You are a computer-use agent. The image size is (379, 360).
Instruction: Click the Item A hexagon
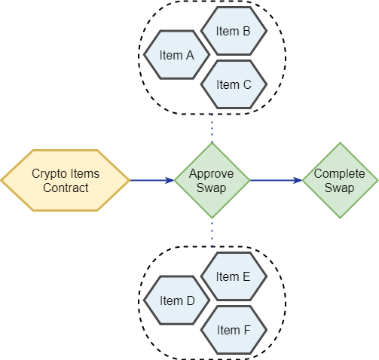(x=176, y=55)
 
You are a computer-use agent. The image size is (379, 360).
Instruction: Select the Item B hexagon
(x=234, y=31)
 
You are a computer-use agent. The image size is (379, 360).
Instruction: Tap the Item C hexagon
(x=234, y=84)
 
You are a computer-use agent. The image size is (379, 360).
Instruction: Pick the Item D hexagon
(x=176, y=301)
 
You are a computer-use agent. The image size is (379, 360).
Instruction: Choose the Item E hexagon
(x=234, y=276)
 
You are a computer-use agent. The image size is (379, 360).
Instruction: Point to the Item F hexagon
(x=234, y=330)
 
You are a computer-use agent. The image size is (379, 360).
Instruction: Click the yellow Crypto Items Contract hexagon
(x=66, y=180)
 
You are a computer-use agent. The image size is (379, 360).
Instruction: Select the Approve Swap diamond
(x=212, y=180)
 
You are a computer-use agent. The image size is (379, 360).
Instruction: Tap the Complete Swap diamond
(x=340, y=180)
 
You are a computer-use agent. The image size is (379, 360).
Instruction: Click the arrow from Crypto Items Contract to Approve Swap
(x=152, y=180)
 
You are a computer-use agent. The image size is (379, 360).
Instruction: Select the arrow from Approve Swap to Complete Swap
(x=276, y=180)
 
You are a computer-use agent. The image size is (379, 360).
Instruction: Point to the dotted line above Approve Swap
(x=212, y=128)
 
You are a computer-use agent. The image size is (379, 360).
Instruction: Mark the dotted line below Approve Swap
(x=212, y=233)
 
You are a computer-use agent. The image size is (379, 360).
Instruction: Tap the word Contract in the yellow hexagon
(x=66, y=188)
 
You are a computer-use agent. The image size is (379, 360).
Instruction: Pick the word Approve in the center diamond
(x=211, y=174)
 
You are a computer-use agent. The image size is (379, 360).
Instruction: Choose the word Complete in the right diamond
(x=339, y=174)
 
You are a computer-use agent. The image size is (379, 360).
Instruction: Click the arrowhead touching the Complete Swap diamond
(x=298, y=180)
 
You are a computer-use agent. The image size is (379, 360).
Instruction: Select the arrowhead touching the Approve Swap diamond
(x=170, y=180)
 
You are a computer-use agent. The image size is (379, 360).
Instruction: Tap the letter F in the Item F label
(x=247, y=330)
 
